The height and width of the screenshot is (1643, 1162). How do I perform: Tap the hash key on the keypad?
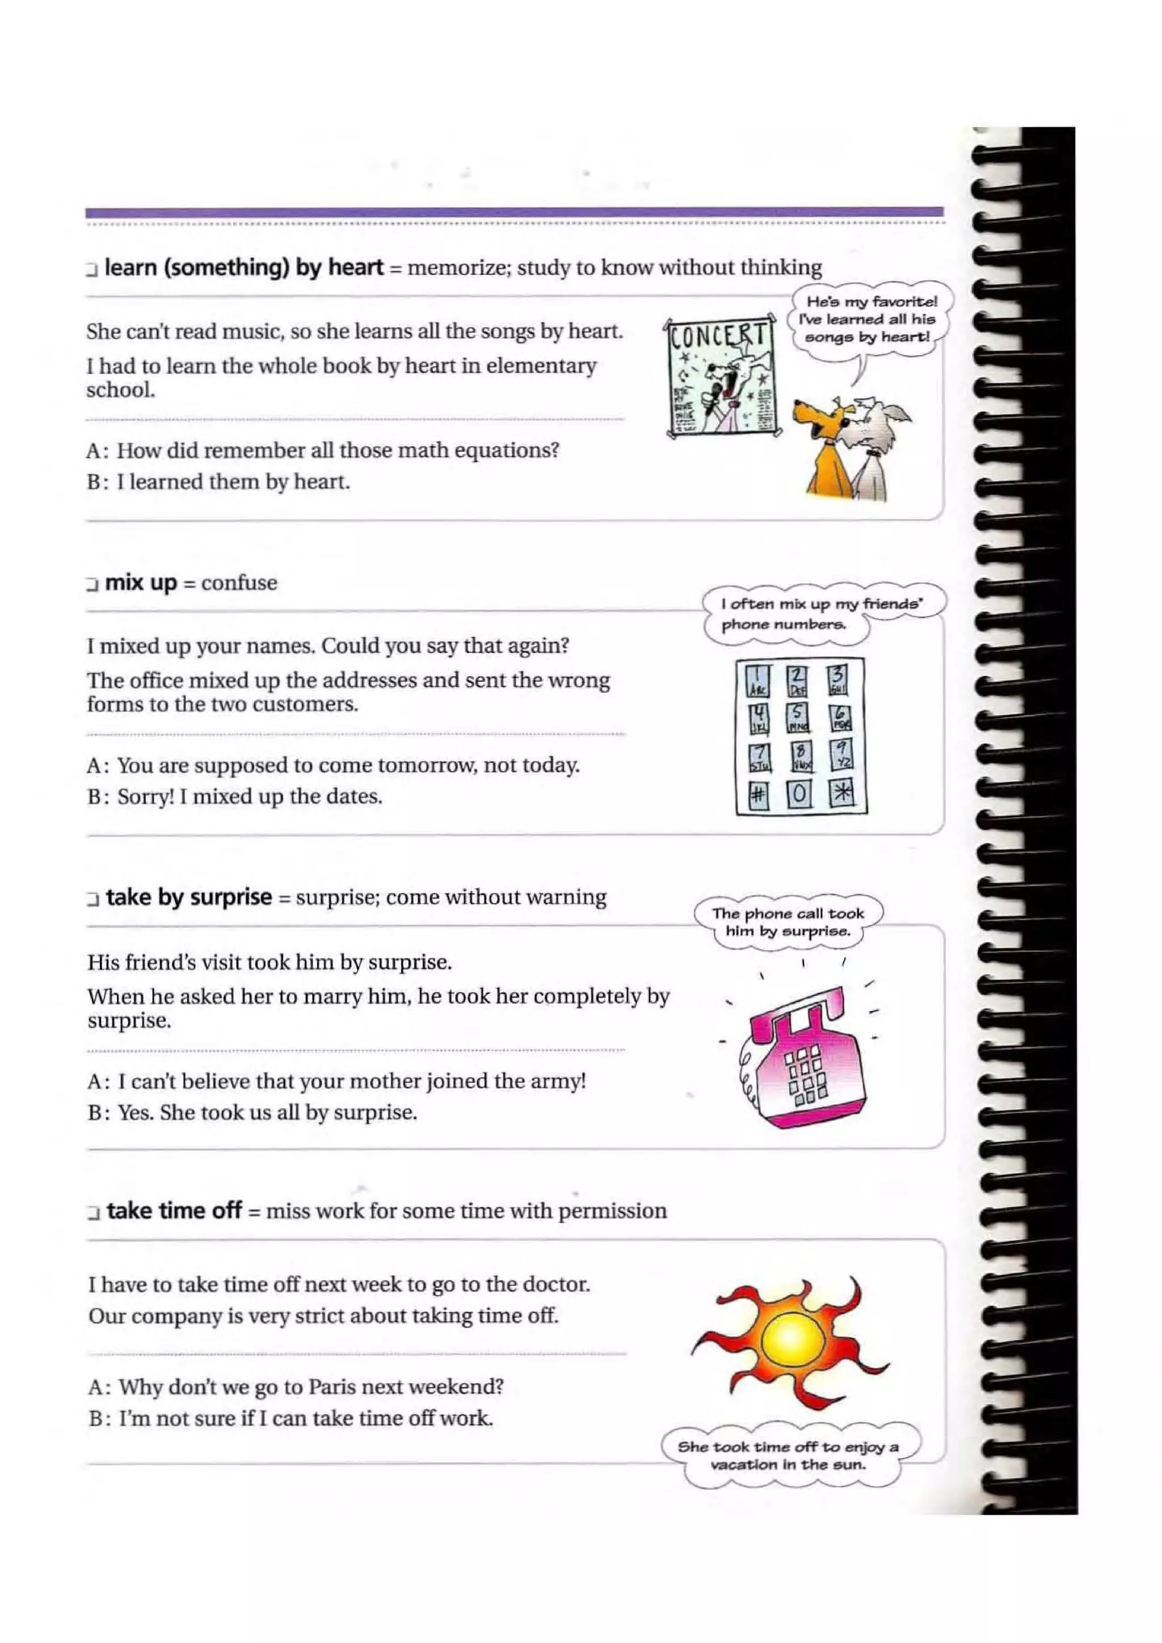click(757, 795)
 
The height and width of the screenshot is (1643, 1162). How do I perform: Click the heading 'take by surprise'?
click(189, 897)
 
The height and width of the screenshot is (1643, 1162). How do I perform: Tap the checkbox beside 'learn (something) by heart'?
click(91, 269)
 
